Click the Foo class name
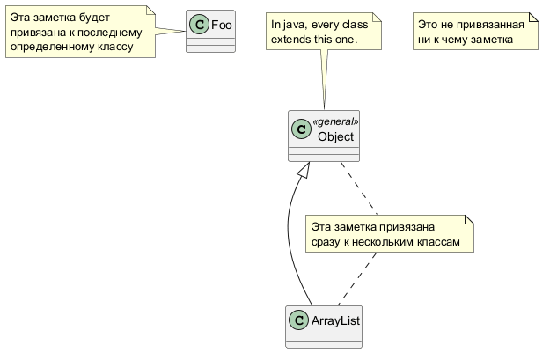(x=222, y=25)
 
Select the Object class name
(x=335, y=136)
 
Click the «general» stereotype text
(x=336, y=121)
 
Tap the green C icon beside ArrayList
(x=299, y=320)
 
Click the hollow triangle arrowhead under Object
(x=302, y=171)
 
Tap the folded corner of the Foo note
(x=150, y=10)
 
